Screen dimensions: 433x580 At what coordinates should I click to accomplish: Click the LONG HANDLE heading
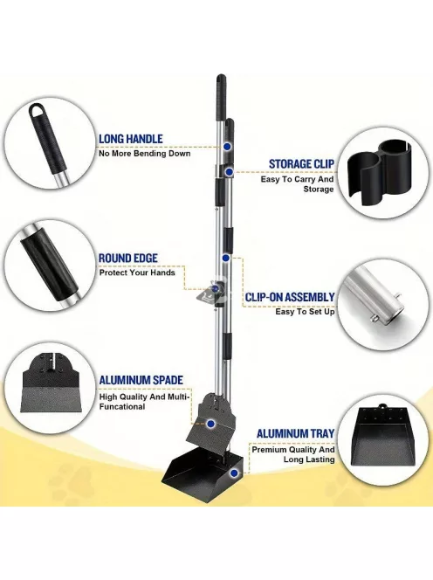tap(131, 139)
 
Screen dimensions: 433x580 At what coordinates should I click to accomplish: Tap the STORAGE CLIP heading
tap(301, 164)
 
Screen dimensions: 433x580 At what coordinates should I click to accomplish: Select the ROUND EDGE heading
tap(128, 259)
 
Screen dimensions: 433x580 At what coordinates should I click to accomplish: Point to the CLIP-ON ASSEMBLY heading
tap(290, 297)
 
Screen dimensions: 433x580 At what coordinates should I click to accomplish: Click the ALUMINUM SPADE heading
tap(141, 380)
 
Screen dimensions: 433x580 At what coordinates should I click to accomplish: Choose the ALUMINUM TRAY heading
tap(295, 433)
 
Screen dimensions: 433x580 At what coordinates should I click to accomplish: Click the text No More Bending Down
tap(145, 154)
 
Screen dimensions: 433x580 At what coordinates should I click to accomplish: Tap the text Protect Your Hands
tap(137, 273)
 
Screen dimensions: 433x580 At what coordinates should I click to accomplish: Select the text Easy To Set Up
tap(305, 312)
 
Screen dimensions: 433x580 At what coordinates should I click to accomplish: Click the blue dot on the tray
tap(234, 473)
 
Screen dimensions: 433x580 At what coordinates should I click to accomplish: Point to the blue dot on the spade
tap(210, 424)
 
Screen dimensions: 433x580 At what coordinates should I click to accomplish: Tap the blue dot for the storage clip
tap(230, 171)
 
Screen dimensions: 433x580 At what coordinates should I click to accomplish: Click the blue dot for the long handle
tap(227, 147)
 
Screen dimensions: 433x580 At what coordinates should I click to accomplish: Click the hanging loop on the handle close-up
tap(37, 110)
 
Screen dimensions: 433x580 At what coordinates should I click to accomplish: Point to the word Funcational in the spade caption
tap(121, 407)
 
